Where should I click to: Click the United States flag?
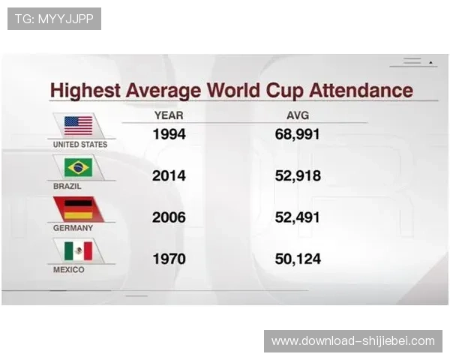(78, 124)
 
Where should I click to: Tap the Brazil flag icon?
(78, 166)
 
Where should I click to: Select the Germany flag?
(78, 208)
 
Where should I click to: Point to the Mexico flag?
(78, 250)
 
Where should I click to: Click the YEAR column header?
(169, 115)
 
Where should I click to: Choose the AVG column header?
(298, 115)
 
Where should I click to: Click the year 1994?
(169, 135)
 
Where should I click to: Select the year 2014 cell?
(169, 176)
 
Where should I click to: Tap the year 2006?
(169, 217)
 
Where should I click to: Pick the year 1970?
(169, 259)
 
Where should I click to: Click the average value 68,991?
(298, 135)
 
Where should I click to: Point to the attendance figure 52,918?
(298, 176)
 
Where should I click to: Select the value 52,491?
(298, 217)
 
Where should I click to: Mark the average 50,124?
(298, 259)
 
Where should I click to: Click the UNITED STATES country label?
(79, 144)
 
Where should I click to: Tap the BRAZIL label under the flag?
(67, 185)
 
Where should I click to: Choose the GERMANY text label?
(73, 227)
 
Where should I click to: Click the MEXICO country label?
(69, 269)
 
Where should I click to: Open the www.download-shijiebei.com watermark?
(353, 341)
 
